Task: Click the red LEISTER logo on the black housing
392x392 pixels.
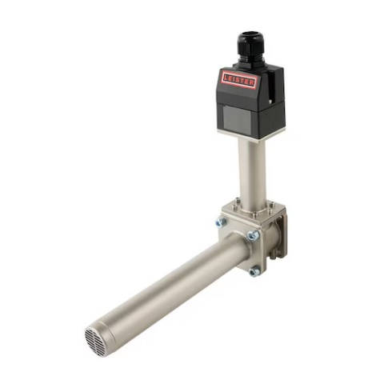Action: [x=239, y=80]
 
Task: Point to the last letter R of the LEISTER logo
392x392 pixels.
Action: [x=251, y=83]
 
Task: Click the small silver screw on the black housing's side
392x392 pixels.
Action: [x=270, y=102]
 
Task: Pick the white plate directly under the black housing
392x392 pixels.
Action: [x=250, y=134]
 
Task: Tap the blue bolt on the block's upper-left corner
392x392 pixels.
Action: [x=221, y=222]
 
